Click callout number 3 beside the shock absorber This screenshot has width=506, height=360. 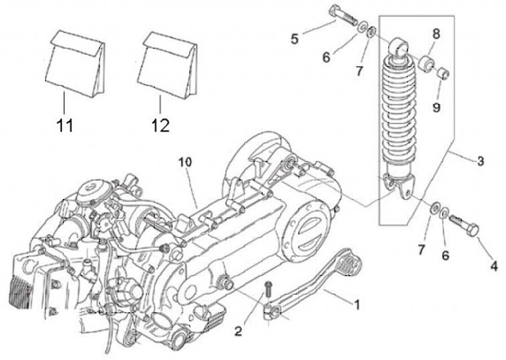coord(481,162)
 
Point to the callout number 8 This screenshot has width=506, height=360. coord(436,33)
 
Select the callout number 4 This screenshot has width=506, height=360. coord(494,266)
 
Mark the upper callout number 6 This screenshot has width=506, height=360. coord(327,57)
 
